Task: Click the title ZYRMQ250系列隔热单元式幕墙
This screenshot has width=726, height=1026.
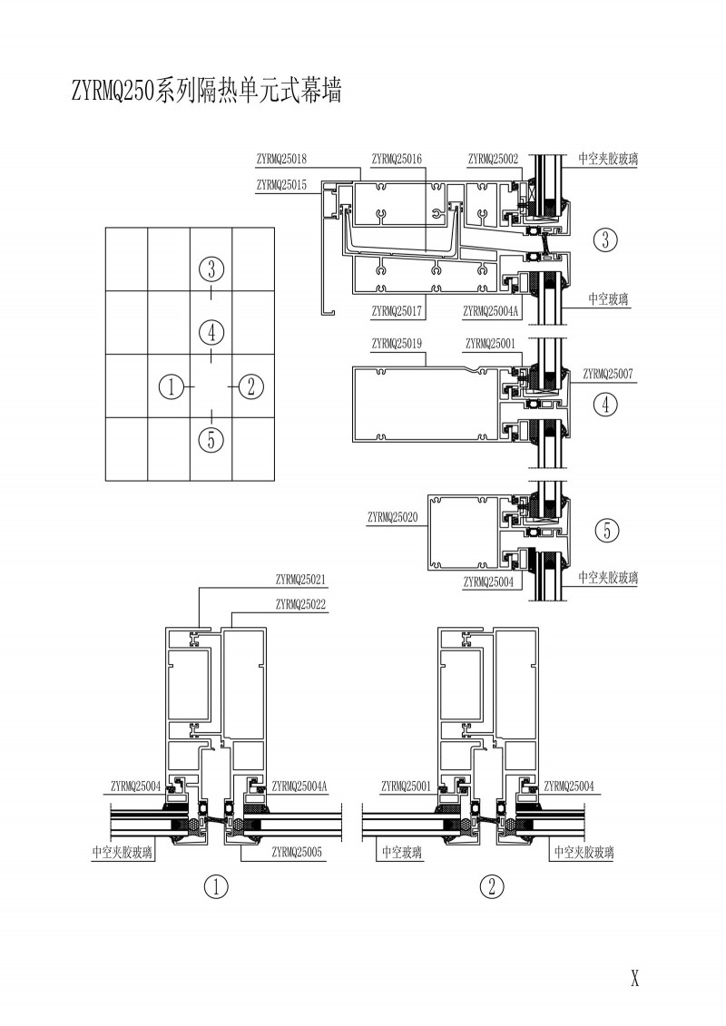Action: click(x=205, y=91)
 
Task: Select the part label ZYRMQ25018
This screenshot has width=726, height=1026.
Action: click(x=281, y=159)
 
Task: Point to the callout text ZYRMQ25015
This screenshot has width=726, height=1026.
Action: click(x=281, y=184)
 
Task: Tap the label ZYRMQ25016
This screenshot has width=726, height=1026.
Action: click(x=397, y=159)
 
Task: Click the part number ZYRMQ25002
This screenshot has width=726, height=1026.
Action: click(x=493, y=159)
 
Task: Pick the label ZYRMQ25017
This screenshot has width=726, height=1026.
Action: click(x=397, y=311)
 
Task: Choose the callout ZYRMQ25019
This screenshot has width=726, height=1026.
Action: click(x=397, y=343)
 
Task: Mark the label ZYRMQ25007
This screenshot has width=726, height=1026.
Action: click(x=608, y=373)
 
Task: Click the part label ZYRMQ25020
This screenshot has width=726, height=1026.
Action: click(x=392, y=517)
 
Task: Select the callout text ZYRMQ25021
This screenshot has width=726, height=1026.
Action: click(x=300, y=579)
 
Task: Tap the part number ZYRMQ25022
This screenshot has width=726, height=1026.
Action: click(x=300, y=603)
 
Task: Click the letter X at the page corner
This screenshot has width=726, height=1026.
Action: click(x=635, y=978)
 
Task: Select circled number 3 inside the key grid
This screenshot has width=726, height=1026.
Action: click(x=211, y=269)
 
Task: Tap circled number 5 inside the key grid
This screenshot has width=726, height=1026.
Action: click(x=211, y=440)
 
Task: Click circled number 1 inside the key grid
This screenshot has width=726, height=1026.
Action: click(x=171, y=386)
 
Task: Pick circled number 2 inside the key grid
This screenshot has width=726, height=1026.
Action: click(x=250, y=386)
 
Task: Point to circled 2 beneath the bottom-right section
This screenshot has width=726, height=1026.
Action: click(x=491, y=887)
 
